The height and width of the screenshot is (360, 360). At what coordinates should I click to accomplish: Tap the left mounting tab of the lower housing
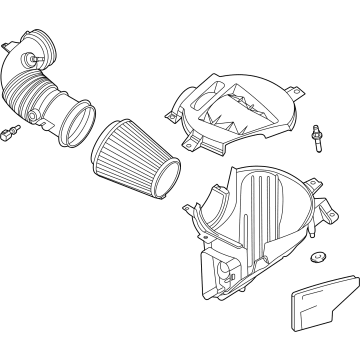coord(187,207)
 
